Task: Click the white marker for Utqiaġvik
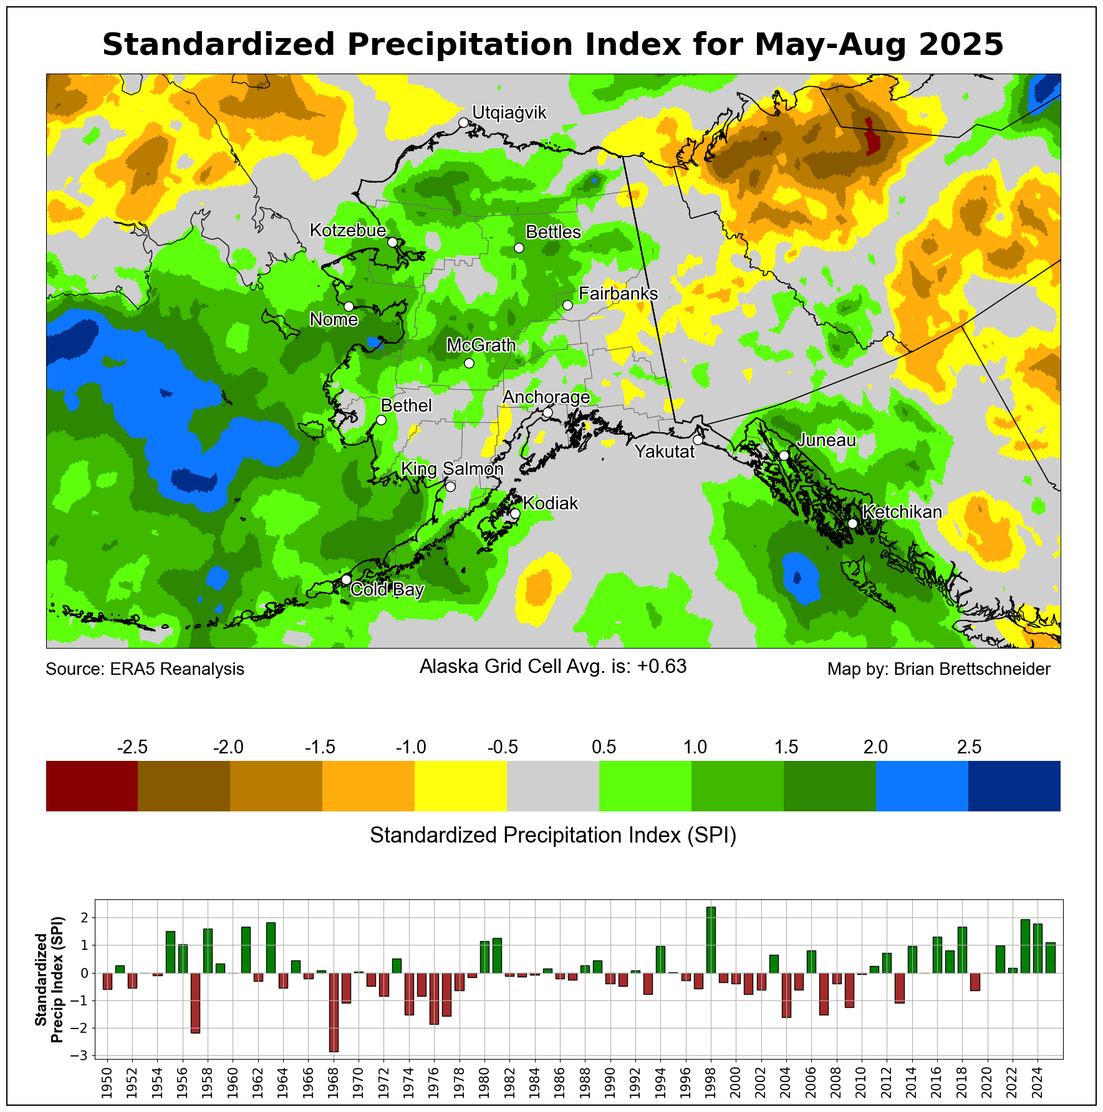pos(463,122)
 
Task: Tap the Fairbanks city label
pos(618,294)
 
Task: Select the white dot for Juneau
pos(784,455)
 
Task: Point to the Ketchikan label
pos(902,512)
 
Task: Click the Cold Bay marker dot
pos(346,579)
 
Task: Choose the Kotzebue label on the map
pos(348,231)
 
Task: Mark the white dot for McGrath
pos(470,363)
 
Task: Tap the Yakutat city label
pos(664,452)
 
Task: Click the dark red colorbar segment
pos(92,786)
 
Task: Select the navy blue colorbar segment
pos(1014,786)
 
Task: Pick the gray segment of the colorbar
pos(553,786)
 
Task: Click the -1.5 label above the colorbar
pos(320,747)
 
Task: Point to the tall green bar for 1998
pos(711,940)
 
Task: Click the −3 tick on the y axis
pos(85,1056)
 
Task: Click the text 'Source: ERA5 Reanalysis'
pos(145,669)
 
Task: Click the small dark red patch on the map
pos(872,137)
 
